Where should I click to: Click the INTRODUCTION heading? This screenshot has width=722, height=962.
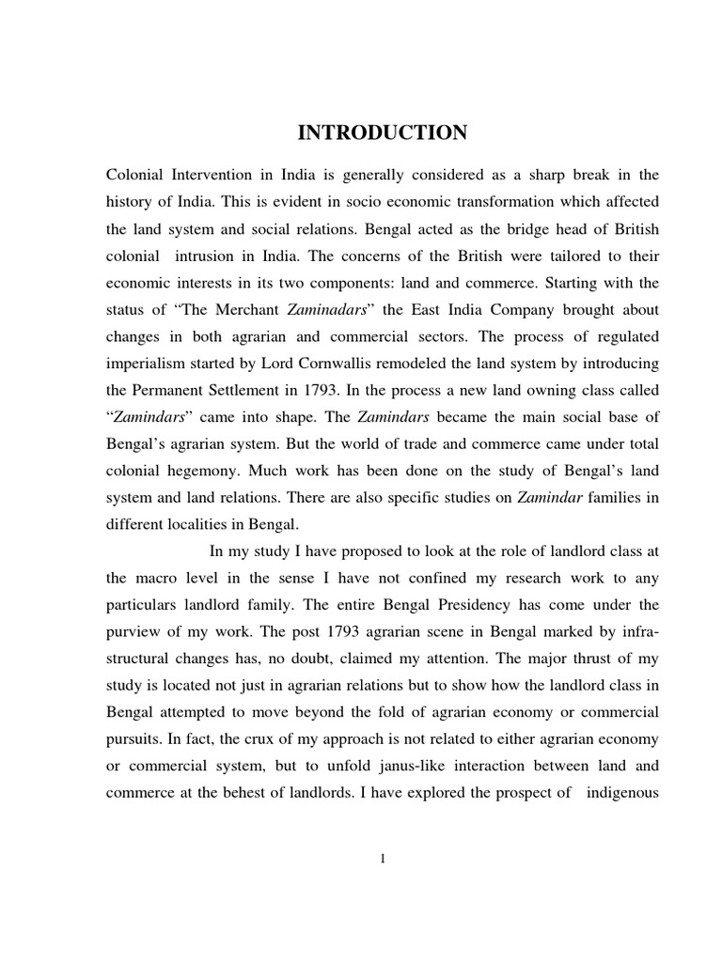(382, 133)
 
